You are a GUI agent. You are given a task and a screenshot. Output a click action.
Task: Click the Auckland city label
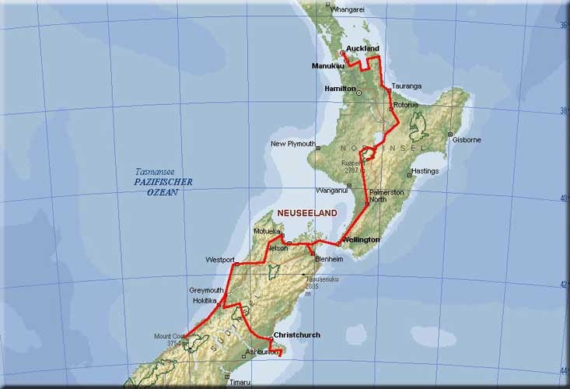pos(362,48)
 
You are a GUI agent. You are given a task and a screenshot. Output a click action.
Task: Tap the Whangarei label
pos(347,9)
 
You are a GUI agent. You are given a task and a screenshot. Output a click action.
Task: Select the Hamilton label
pos(340,89)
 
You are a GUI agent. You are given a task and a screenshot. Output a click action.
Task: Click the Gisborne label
pos(467,140)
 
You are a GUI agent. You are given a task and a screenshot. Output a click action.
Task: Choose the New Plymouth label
pos(292,144)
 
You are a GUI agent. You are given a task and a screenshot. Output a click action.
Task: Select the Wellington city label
pos(362,240)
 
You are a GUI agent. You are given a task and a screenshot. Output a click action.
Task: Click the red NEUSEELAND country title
pos(309,212)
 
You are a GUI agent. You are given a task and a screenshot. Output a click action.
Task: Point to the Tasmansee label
pos(152,171)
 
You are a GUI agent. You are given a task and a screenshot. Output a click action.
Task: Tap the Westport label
pos(219,259)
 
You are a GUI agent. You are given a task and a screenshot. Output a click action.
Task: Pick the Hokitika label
pos(205,300)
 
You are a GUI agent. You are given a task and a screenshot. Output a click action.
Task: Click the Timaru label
pos(240,382)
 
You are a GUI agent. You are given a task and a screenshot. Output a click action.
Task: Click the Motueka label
pos(266,232)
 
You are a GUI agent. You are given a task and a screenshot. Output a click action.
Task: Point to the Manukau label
pos(327,65)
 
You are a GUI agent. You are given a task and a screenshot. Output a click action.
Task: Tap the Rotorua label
pos(406,104)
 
